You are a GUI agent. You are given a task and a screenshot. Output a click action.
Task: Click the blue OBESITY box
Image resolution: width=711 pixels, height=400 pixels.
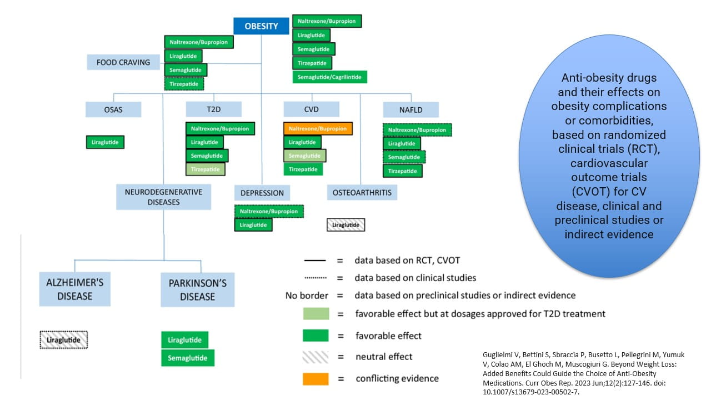261,26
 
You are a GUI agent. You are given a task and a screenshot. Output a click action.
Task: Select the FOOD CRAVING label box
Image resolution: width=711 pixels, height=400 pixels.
123,62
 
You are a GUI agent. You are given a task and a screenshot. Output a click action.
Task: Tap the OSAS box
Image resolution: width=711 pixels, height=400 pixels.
113,109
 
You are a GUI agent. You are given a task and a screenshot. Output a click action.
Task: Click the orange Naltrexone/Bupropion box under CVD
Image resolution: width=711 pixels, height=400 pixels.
318,128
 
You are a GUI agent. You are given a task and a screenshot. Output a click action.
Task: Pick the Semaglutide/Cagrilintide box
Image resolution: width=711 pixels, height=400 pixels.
330,77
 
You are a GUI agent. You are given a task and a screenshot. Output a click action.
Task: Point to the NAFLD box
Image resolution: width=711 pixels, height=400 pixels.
410,109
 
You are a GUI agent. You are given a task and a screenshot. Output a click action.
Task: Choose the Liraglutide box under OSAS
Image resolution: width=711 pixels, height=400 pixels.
106,142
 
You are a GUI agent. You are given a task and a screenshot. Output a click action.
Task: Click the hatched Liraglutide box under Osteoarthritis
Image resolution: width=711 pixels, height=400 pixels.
346,225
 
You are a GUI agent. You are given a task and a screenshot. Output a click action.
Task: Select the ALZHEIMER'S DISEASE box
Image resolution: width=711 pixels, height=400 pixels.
74,289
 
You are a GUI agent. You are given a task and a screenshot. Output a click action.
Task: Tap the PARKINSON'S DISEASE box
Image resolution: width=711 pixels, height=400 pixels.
197,289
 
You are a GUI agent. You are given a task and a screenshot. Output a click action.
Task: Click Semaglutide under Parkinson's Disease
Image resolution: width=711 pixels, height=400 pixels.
188,358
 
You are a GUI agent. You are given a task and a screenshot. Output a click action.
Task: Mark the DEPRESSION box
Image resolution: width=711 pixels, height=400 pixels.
262,193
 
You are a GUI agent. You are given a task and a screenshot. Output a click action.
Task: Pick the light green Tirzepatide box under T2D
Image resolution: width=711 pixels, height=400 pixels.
205,169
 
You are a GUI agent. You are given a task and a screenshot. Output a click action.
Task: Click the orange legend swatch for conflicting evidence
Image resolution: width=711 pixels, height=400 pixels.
316,378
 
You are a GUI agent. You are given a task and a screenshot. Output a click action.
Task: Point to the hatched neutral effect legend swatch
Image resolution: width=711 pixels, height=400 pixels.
316,357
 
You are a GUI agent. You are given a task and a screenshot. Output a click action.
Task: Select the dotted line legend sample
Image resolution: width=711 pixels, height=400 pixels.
315,277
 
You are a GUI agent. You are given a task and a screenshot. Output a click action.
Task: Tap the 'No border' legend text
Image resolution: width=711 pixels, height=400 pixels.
306,295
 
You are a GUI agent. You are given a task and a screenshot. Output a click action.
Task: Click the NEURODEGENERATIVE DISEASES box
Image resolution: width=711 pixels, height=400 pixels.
163,197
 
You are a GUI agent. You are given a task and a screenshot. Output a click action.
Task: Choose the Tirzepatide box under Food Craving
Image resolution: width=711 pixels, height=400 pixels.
184,84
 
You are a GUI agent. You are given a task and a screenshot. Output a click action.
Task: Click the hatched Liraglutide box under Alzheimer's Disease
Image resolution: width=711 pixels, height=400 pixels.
64,339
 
